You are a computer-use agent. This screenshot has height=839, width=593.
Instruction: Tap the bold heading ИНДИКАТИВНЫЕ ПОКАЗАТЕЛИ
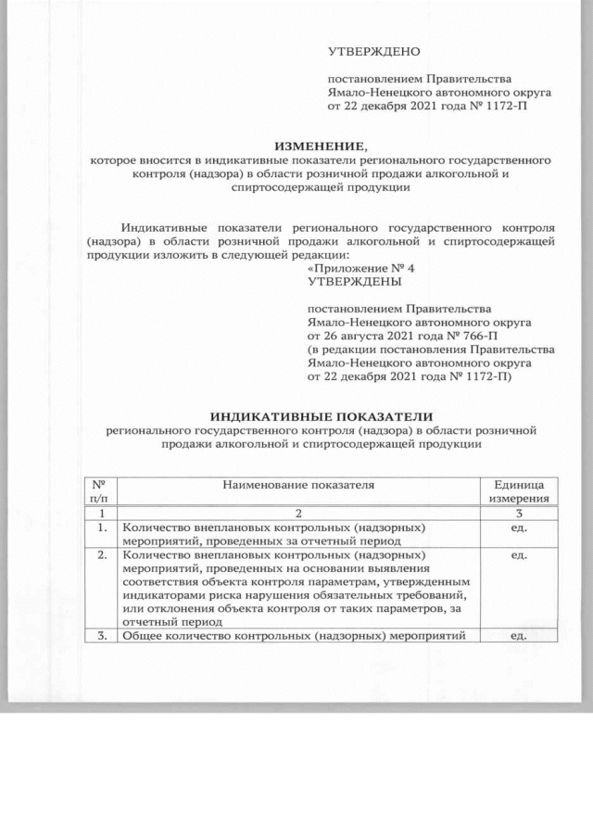coord(322,416)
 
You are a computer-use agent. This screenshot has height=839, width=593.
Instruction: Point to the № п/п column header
coord(97,492)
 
